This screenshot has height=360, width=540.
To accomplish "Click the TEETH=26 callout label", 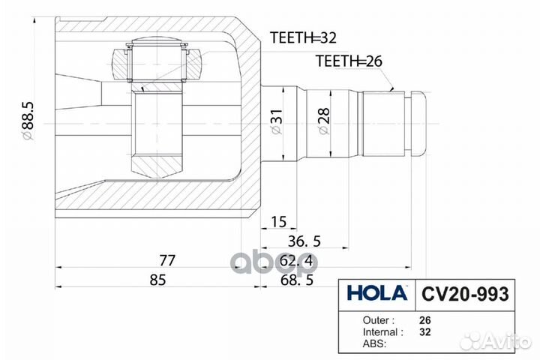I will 349,61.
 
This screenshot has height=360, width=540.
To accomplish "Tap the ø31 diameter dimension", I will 275,121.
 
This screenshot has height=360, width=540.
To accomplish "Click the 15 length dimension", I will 279,222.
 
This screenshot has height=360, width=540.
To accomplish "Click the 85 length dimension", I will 157,280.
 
